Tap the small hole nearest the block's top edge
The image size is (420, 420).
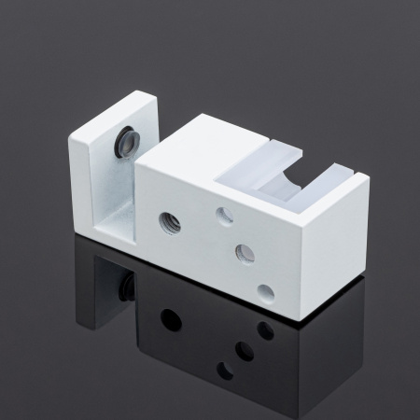[x=225, y=216]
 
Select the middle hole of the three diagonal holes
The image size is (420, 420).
[x=245, y=252]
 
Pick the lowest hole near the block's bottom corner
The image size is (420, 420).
[x=266, y=292]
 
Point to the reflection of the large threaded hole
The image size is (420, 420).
[x=171, y=319]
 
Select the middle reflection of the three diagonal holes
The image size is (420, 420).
[x=245, y=351]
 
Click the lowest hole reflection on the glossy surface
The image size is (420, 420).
[x=225, y=371]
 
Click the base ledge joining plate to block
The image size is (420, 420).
[x=117, y=238]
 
